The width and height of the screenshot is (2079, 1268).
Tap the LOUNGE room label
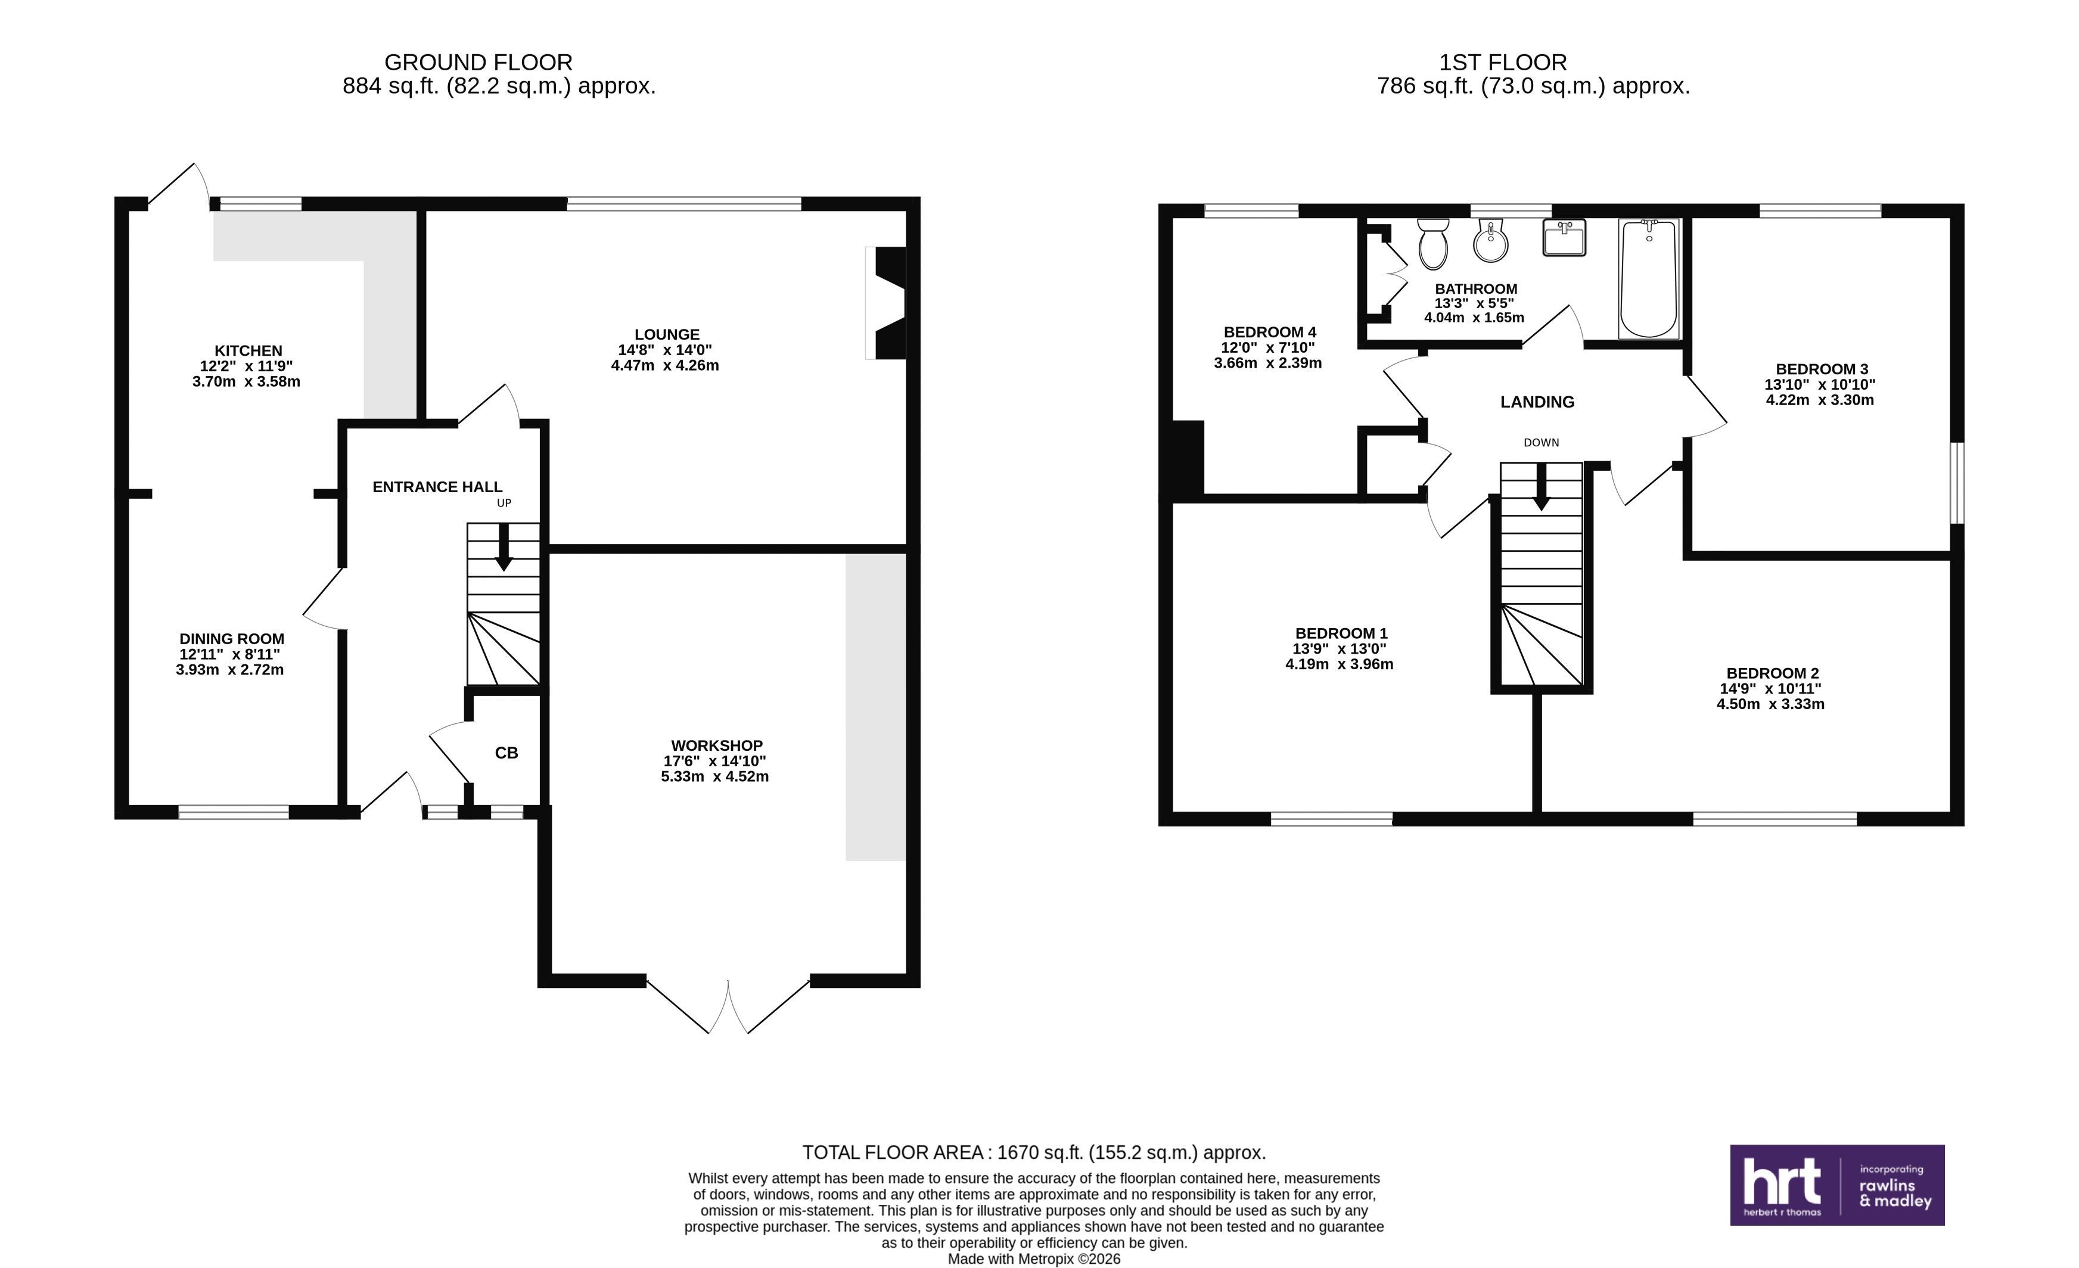(667, 335)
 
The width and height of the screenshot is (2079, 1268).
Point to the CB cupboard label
(506, 753)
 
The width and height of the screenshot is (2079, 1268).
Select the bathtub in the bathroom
(1649, 278)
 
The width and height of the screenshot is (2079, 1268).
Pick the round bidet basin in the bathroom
(1491, 241)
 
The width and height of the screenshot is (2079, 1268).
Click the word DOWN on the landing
(1541, 443)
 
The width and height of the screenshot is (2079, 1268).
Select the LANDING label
(1537, 402)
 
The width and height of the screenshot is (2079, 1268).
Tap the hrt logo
(1837, 1185)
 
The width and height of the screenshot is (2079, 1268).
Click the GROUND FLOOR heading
(478, 63)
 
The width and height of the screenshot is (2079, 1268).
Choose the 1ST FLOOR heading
(1503, 63)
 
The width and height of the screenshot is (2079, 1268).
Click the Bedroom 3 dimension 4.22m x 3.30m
(1820, 400)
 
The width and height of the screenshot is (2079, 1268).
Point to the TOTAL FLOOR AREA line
(1034, 1152)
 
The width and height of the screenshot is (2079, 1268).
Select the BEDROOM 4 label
(1270, 332)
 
